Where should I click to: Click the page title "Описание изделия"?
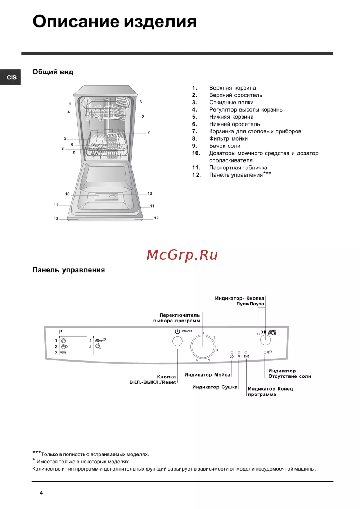(x=114, y=22)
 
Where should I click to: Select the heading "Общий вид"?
(x=53, y=72)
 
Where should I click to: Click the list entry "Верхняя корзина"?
(x=232, y=88)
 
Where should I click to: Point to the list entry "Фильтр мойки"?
(x=228, y=138)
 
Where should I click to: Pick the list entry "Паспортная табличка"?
(x=238, y=168)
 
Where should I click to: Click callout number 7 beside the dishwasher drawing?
(x=149, y=132)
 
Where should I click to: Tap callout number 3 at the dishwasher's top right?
(x=141, y=102)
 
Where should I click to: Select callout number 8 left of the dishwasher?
(x=63, y=148)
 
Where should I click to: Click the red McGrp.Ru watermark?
(x=182, y=255)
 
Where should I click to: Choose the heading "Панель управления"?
(x=68, y=270)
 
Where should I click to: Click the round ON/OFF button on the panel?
(x=177, y=341)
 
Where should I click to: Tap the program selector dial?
(x=203, y=347)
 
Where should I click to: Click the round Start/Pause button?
(x=265, y=340)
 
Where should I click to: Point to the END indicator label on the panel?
(x=247, y=356)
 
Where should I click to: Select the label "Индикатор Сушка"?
(x=215, y=387)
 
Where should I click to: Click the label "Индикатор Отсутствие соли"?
(x=289, y=373)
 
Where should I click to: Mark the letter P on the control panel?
(x=60, y=332)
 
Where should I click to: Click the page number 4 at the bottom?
(x=41, y=493)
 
